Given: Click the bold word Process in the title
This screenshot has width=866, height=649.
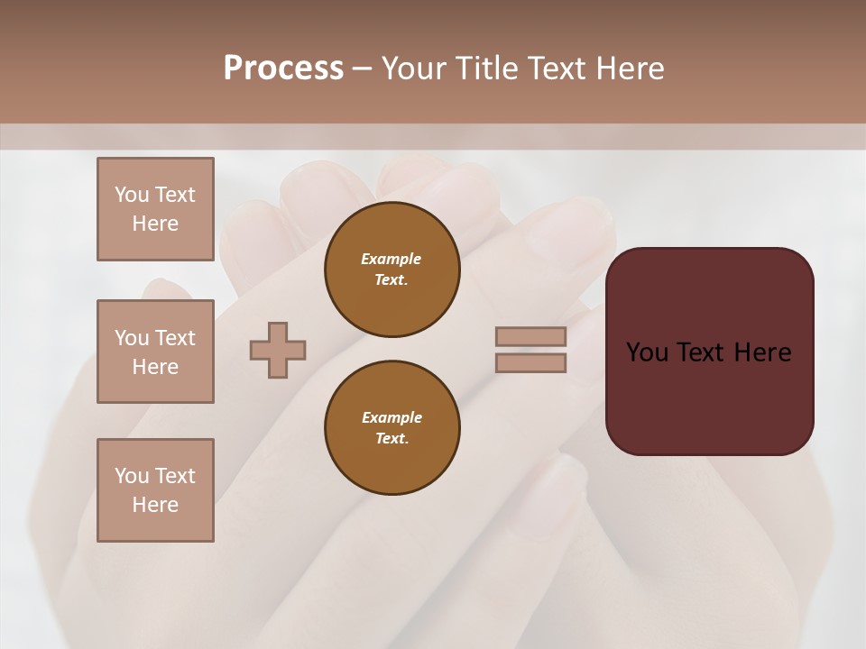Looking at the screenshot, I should click(283, 69).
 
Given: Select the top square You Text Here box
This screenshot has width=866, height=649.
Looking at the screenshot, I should click(155, 209).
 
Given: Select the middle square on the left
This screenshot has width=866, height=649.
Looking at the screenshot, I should click(155, 352).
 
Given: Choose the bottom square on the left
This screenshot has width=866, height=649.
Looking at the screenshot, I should click(155, 490).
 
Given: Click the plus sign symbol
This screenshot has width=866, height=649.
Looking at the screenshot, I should click(278, 351).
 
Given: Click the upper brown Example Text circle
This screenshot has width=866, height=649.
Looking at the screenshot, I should click(392, 270).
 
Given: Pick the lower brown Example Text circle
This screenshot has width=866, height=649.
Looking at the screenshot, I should click(392, 428).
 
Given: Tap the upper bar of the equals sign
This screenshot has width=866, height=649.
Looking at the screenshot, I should click(530, 337).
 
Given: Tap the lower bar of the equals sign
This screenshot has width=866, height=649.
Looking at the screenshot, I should click(530, 363).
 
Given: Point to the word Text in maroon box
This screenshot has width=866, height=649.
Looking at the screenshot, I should click(706, 352).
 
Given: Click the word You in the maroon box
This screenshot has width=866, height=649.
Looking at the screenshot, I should click(648, 352).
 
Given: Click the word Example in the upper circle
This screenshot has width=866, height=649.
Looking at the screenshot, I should click(392, 259).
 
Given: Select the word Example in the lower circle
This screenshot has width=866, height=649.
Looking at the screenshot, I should click(392, 417).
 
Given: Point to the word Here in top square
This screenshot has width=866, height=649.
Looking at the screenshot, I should click(155, 224).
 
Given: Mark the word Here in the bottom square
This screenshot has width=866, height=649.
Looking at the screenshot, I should click(155, 505).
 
